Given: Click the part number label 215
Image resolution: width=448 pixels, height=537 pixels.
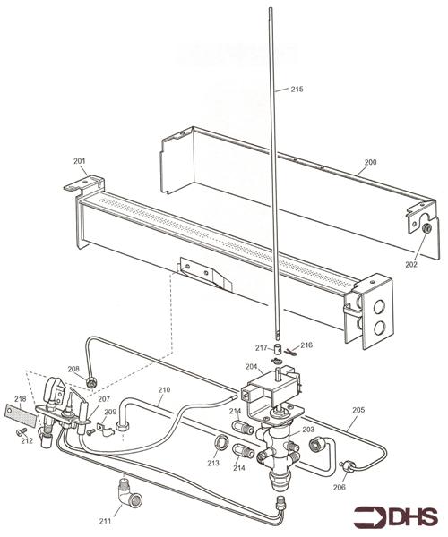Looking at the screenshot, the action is point(297,89).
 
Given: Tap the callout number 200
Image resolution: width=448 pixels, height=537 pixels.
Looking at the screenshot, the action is point(370,162).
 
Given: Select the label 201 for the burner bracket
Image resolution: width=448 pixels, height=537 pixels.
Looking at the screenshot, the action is point(80,161).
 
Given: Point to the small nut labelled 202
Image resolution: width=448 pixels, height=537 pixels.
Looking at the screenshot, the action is point(426,228).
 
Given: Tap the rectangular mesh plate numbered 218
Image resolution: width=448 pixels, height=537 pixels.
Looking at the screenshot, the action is point(21,415).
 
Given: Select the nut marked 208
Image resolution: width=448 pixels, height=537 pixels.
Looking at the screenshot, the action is point(91,382).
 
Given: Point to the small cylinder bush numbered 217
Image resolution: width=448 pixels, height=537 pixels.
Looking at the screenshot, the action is point(279,350).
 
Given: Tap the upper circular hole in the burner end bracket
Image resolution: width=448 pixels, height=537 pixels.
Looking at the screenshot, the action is point(379,306).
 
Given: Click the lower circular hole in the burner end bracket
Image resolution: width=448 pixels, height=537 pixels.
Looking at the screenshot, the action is point(379,328).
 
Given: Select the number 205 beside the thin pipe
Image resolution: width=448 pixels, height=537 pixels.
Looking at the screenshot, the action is point(358,410).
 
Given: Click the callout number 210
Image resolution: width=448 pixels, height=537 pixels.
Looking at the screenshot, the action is point(164,389).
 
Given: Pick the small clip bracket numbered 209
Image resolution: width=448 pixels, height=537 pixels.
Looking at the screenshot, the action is point(105,430).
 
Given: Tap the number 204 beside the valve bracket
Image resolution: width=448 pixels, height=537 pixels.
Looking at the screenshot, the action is point(251,366).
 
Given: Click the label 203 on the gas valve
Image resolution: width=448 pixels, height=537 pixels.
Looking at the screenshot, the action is point(308,430).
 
